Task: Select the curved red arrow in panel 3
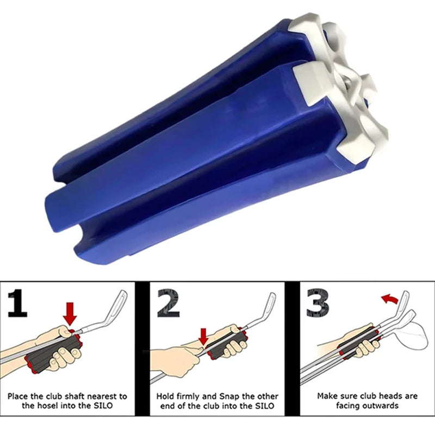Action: click(388, 299)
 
